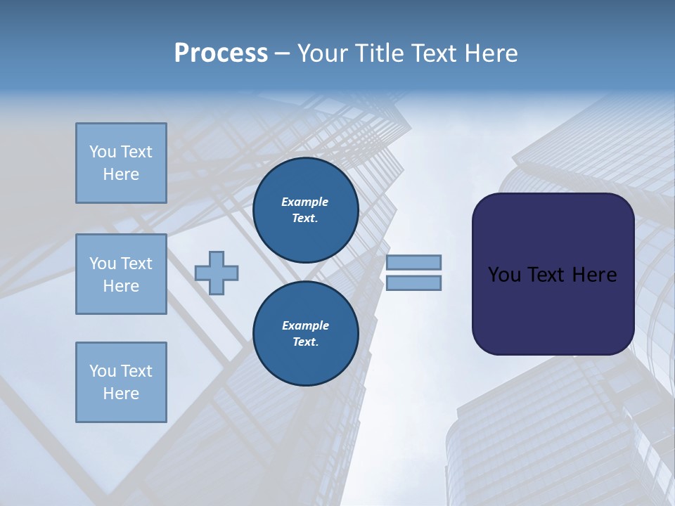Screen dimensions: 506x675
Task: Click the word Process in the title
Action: click(x=221, y=53)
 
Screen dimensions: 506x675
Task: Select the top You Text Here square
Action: click(x=121, y=163)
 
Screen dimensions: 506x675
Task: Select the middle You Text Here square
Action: click(x=121, y=274)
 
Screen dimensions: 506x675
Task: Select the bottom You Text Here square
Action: click(x=121, y=382)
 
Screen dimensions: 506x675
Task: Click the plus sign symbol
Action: click(x=217, y=273)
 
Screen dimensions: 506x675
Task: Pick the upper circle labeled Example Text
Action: click(x=306, y=209)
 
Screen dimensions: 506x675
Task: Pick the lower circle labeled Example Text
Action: click(x=306, y=333)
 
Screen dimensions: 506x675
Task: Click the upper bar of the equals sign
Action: click(x=413, y=263)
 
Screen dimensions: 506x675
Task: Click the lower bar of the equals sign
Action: click(x=413, y=283)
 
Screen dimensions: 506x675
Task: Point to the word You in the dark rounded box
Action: click(x=503, y=275)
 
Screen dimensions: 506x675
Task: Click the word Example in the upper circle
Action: click(x=304, y=202)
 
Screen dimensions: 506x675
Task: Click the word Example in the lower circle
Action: click(x=305, y=325)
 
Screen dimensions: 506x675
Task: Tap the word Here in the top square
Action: click(x=121, y=174)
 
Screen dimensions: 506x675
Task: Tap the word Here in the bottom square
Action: click(x=121, y=394)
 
